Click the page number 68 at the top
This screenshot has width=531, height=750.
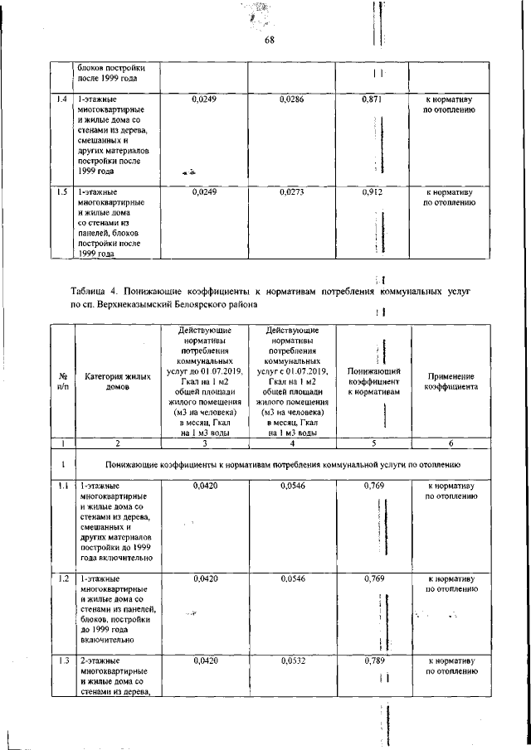[270, 41]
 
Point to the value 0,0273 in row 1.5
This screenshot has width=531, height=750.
[293, 191]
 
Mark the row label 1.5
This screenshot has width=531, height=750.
[61, 191]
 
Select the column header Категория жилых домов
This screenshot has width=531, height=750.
[119, 382]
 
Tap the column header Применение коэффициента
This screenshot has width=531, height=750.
[451, 381]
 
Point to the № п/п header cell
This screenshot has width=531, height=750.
[62, 381]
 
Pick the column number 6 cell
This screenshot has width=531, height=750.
[451, 443]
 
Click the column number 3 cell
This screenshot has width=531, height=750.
[203, 443]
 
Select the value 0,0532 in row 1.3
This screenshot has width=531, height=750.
[293, 660]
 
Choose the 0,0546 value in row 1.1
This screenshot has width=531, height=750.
[293, 486]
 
